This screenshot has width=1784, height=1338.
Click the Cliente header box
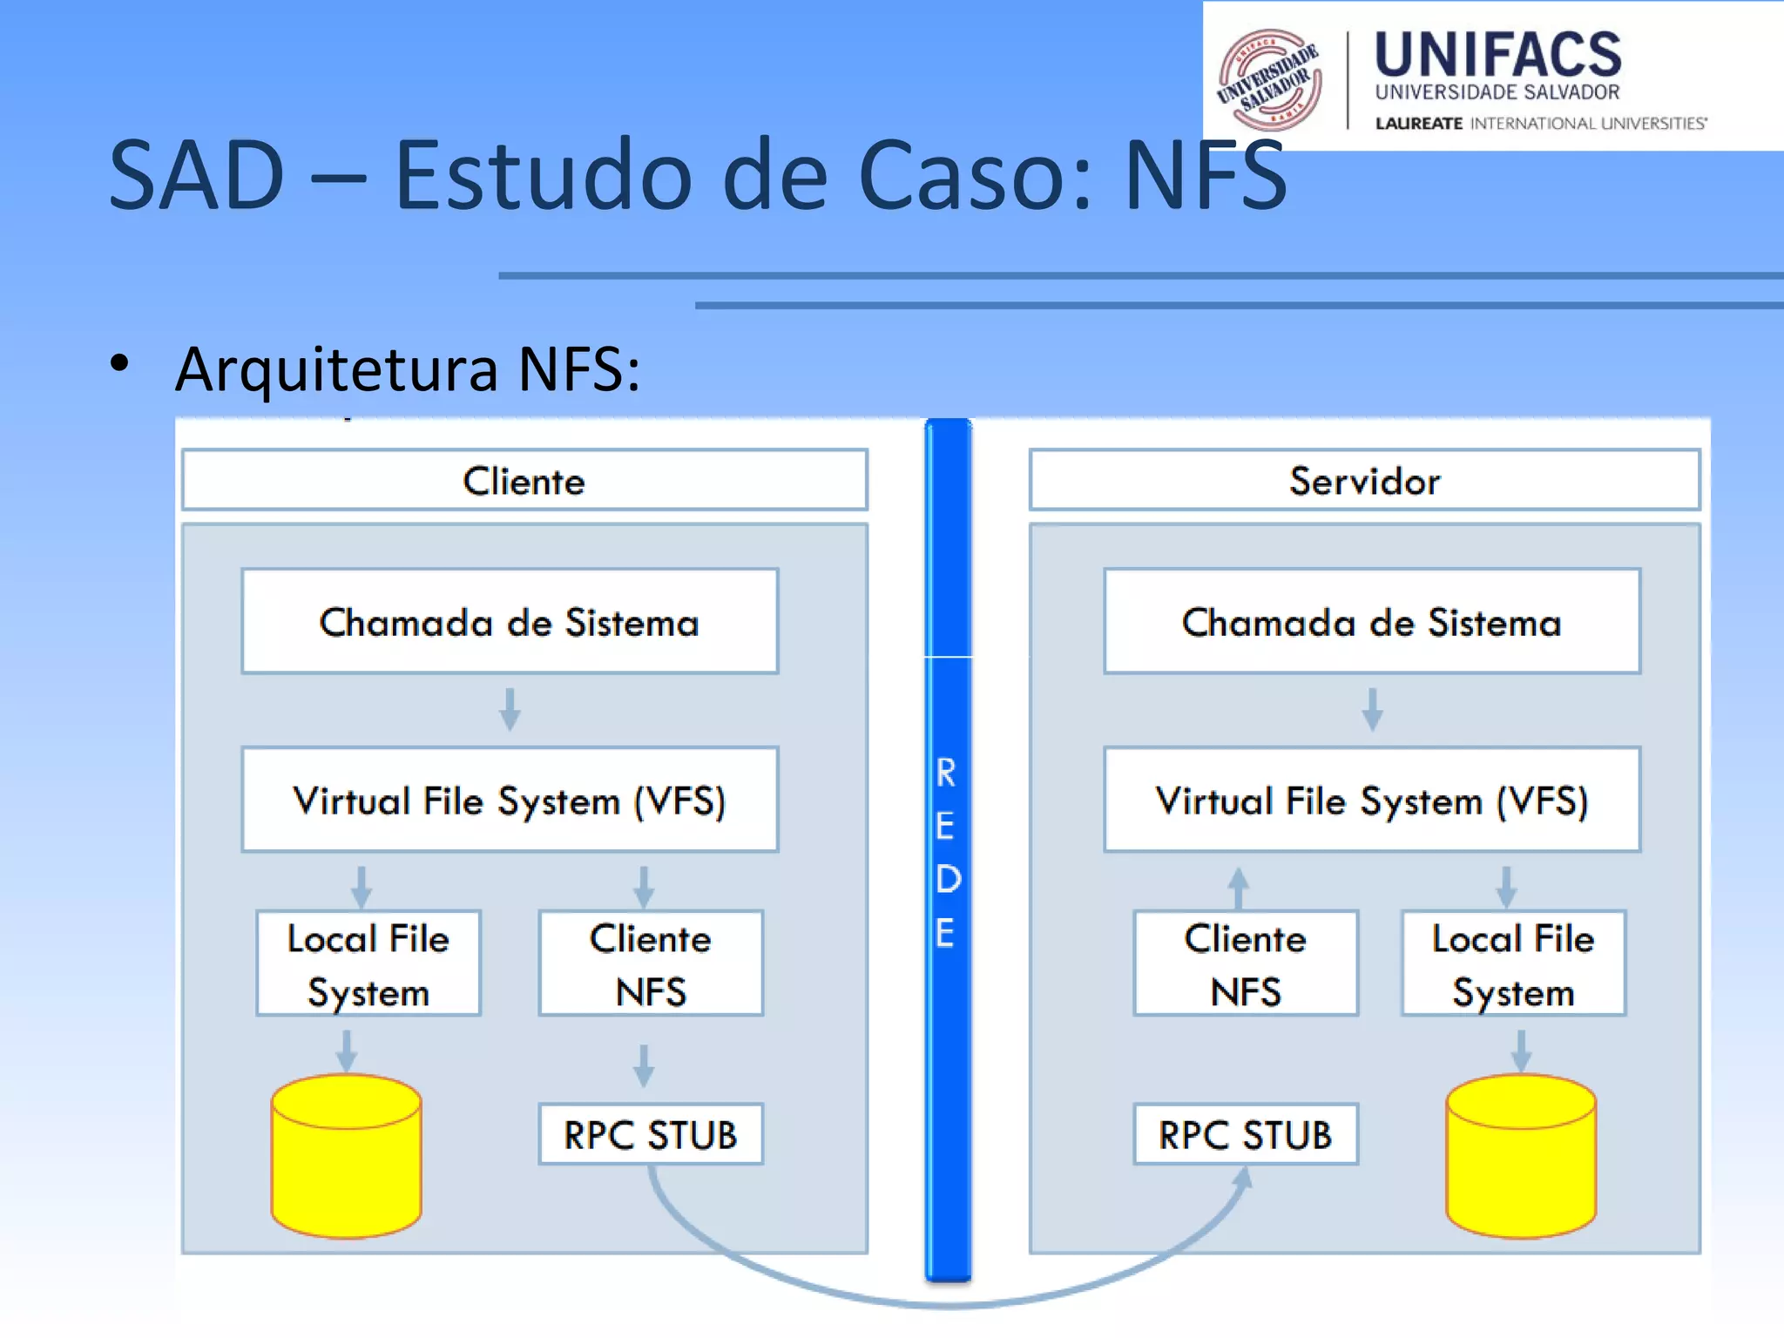coord(524,480)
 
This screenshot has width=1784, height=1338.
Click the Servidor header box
coord(1364,480)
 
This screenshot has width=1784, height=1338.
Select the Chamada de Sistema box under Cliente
coord(510,621)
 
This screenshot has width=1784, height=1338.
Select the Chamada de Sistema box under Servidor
coord(1372,621)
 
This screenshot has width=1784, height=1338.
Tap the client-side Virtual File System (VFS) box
coord(510,800)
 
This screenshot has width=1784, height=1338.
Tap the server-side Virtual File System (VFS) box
coord(1372,800)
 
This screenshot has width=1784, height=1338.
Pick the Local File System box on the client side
coord(368,963)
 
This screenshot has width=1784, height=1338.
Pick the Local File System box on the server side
coord(1513,963)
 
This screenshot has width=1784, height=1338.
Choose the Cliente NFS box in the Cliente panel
coord(651,963)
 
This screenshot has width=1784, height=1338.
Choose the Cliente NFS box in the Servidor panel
coord(1246,963)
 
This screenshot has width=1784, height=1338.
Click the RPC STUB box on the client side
coord(651,1134)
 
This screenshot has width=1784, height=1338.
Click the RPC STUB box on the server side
coord(1246,1134)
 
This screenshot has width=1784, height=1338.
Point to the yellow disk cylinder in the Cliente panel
coord(347,1157)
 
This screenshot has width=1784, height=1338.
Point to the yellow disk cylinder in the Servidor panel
coord(1521,1157)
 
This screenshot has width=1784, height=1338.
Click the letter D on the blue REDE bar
coord(948,879)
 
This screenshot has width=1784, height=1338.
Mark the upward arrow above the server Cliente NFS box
coord(1239,887)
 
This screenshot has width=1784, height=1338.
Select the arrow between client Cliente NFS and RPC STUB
coord(644,1064)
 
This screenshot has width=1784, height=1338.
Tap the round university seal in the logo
coord(1269,80)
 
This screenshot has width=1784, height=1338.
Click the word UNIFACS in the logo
coord(1497,54)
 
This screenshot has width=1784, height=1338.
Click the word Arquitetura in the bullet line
coord(336,369)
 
